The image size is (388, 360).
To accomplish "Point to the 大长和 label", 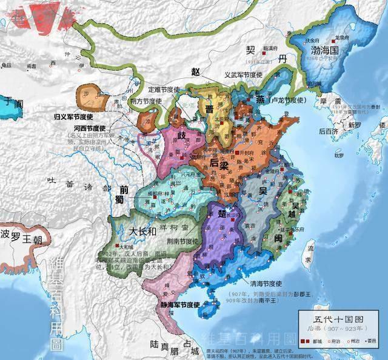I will (x=144, y=232).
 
